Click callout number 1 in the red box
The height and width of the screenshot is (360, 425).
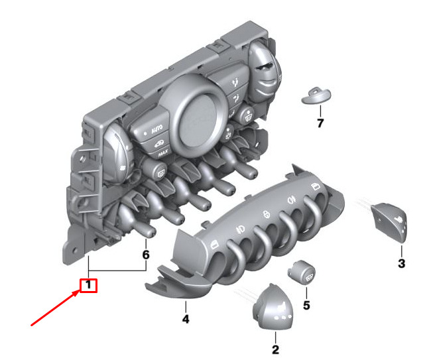pyautogui.click(x=88, y=286)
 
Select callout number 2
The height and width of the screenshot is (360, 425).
pyautogui.click(x=275, y=349)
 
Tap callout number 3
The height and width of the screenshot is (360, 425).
pyautogui.click(x=402, y=263)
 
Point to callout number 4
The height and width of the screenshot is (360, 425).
pyautogui.click(x=186, y=319)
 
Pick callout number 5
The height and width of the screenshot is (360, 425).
pyautogui.click(x=306, y=305)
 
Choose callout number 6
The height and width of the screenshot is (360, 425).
pyautogui.click(x=146, y=255)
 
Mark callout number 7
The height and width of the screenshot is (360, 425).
pyautogui.click(x=320, y=123)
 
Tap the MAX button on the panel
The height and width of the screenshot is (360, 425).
pyautogui.click(x=163, y=153)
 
